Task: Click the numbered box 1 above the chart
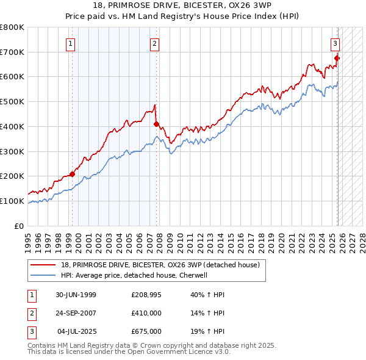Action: pyautogui.click(x=71, y=43)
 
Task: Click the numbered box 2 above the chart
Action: pyautogui.click(x=155, y=43)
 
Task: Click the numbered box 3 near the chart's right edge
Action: pyautogui.click(x=335, y=43)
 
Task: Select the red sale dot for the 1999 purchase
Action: pyautogui.click(x=73, y=174)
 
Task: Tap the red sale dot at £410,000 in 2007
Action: pyautogui.click(x=156, y=124)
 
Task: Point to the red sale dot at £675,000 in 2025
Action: pyautogui.click(x=337, y=59)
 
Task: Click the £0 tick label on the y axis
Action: pyautogui.click(x=19, y=226)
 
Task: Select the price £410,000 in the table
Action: pyautogui.click(x=146, y=313)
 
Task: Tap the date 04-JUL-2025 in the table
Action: pyautogui.click(x=74, y=331)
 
